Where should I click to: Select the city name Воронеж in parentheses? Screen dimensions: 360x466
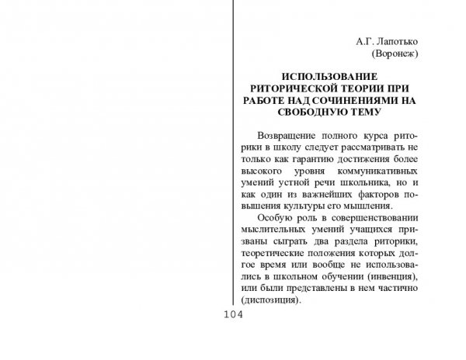(x=395, y=54)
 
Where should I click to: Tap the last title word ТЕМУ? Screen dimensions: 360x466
(x=364, y=113)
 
